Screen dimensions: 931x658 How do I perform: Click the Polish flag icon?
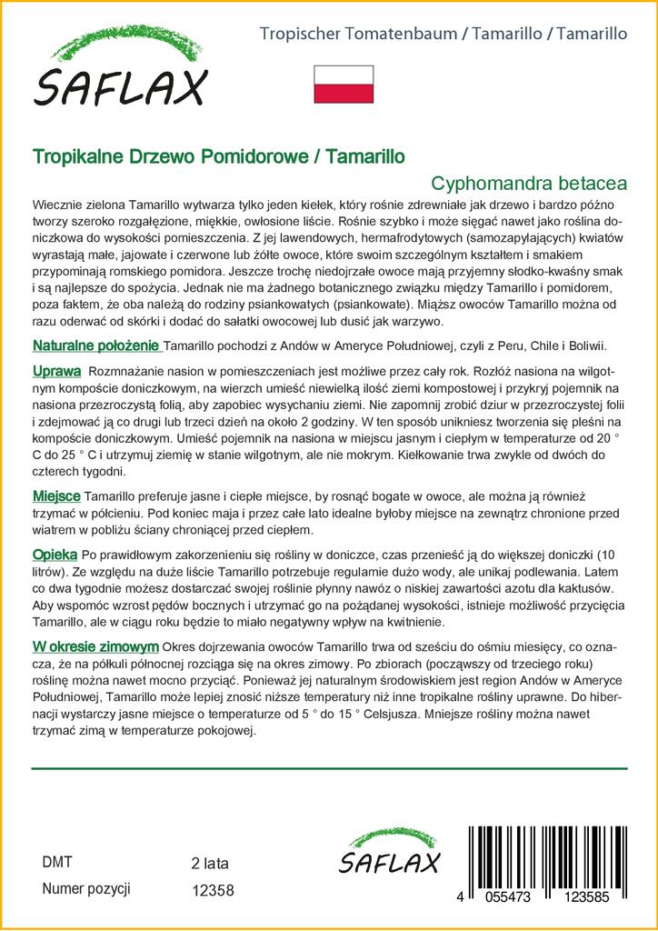coord(344,84)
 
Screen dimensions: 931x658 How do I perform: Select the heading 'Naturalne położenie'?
coord(96,346)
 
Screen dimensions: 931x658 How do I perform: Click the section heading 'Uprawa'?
coord(56,372)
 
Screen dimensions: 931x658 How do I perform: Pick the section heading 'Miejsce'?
coord(56,496)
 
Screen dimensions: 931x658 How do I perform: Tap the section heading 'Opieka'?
coord(55,554)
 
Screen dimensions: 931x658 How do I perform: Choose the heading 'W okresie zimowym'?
coord(95,646)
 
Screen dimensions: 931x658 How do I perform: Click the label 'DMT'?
coord(57,862)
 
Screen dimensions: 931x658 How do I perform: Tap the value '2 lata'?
coord(210,863)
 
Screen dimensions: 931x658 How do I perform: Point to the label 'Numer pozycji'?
coord(87,889)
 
